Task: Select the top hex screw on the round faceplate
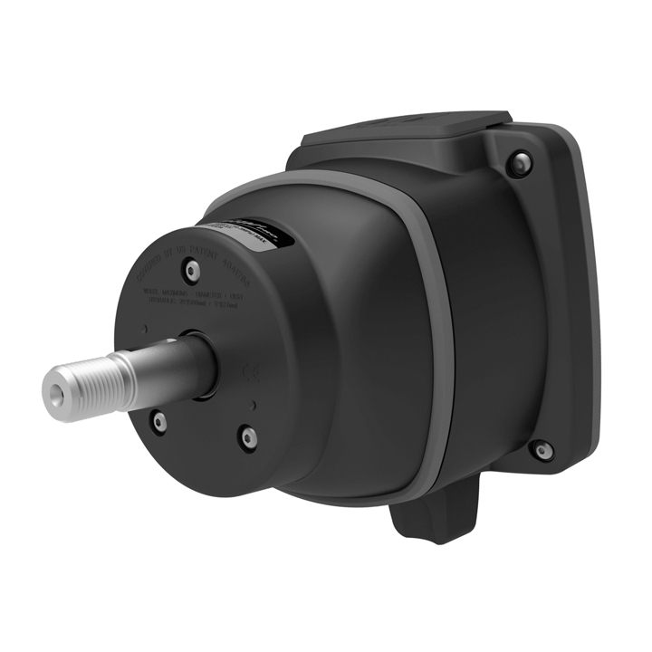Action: coord(190,269)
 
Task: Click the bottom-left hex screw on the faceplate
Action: coord(158,422)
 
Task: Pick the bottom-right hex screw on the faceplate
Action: coord(248,437)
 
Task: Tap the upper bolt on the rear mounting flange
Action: coord(518,163)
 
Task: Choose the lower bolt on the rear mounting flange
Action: coord(542,449)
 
